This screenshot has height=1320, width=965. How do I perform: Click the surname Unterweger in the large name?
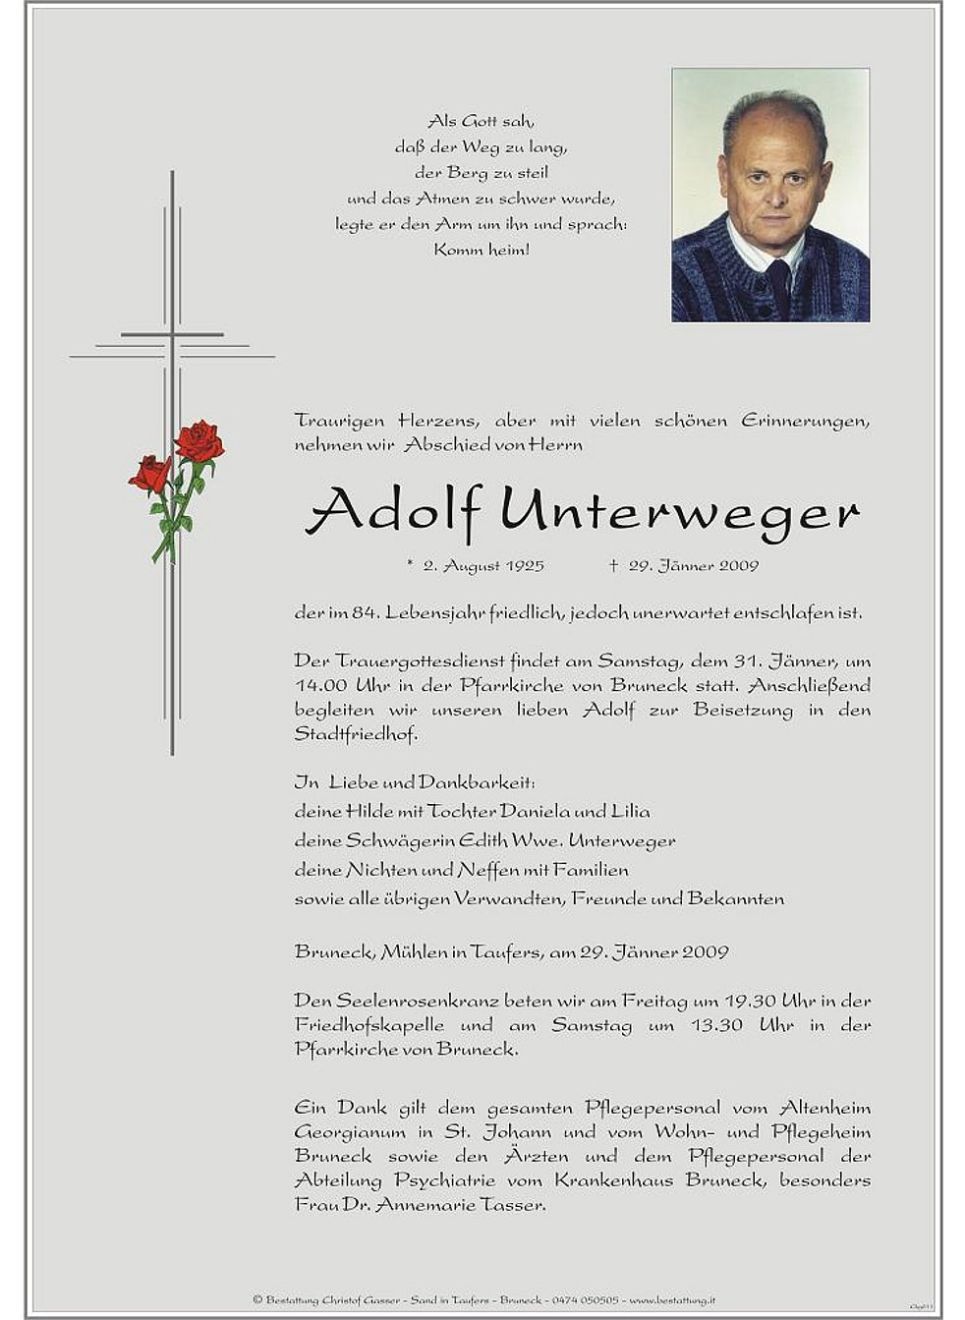point(679,512)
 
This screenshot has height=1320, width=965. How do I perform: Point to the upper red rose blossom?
point(199,440)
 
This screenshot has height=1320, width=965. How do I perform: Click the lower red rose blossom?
point(150,474)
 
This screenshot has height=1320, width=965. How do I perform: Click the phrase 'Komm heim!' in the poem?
point(482,250)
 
